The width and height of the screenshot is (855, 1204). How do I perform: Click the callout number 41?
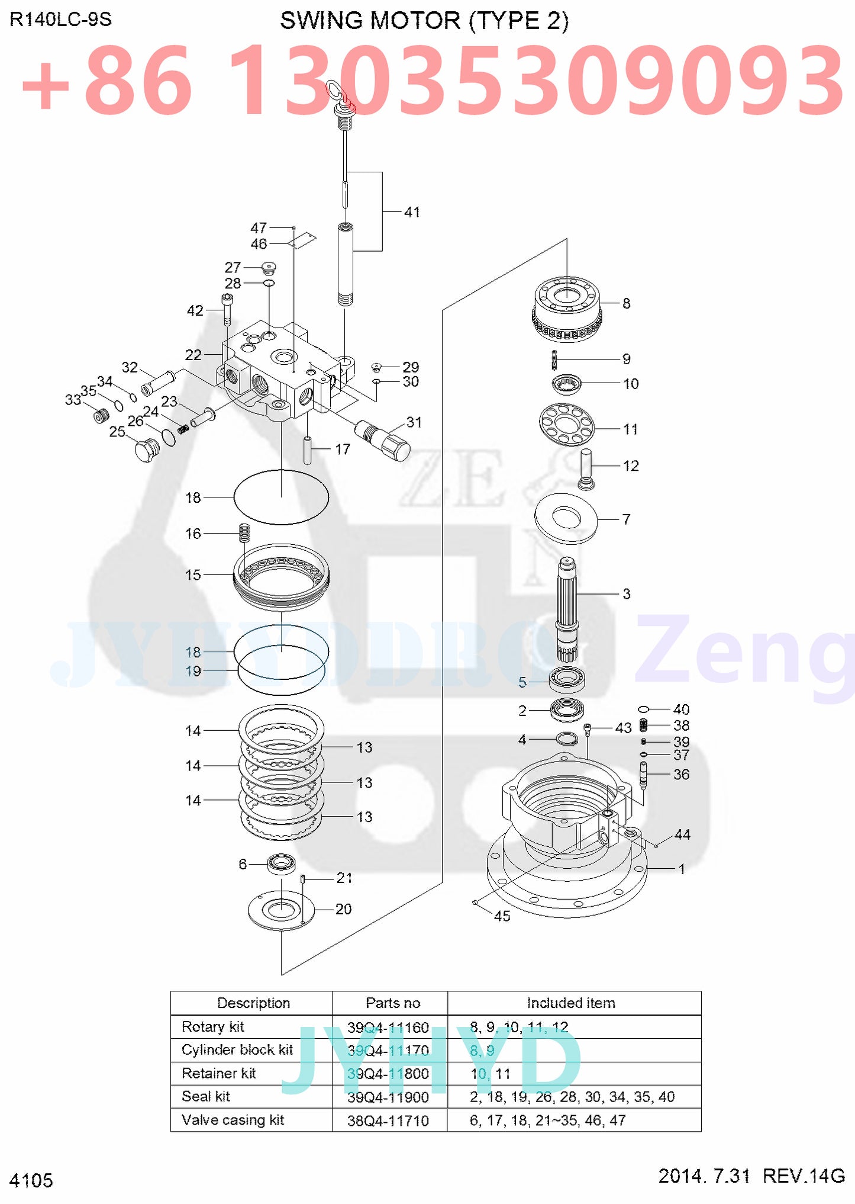click(x=412, y=212)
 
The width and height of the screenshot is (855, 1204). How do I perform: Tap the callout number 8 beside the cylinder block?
click(x=626, y=303)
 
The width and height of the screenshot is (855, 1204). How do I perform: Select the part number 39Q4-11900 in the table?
click(x=388, y=1097)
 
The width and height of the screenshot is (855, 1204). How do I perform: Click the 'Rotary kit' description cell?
click(x=213, y=1026)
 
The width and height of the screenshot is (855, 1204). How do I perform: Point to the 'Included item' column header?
click(x=571, y=1003)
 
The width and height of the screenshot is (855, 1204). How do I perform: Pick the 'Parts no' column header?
click(x=393, y=1003)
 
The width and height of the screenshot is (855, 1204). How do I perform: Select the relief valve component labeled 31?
click(x=383, y=439)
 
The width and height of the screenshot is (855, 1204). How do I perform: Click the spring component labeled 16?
click(x=244, y=532)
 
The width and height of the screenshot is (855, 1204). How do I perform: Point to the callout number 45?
click(x=502, y=916)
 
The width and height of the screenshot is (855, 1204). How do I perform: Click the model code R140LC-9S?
click(x=60, y=20)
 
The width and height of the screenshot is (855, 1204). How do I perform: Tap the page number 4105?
click(x=31, y=1180)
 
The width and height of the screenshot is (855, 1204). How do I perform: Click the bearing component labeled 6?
click(x=282, y=863)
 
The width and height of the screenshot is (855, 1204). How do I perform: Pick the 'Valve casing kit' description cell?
click(x=233, y=1120)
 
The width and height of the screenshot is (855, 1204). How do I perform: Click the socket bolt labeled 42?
click(x=228, y=309)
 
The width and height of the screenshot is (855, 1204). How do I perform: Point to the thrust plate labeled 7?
click(x=566, y=518)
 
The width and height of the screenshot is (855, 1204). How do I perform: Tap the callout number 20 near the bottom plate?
click(x=343, y=908)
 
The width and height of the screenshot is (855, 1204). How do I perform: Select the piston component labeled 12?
click(x=586, y=468)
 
